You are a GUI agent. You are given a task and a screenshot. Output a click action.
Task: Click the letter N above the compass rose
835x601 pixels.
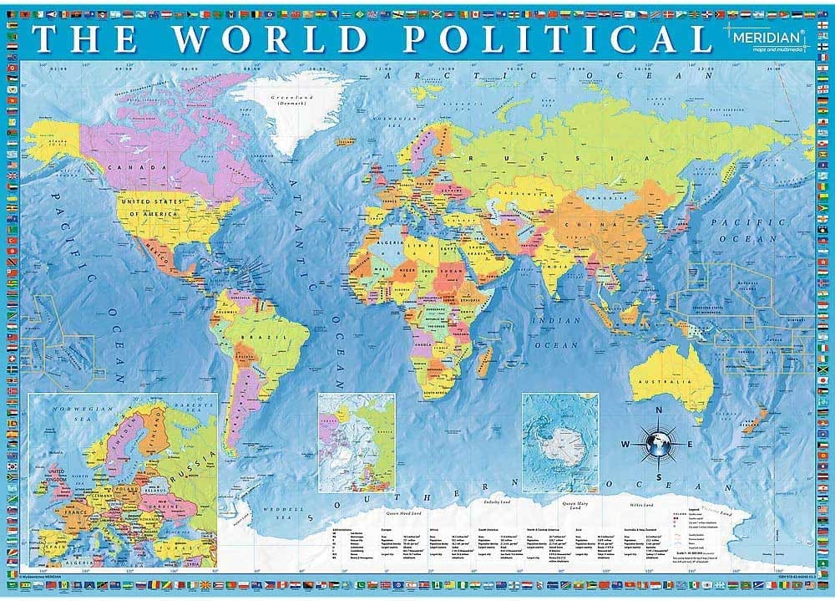coord(659,410)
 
